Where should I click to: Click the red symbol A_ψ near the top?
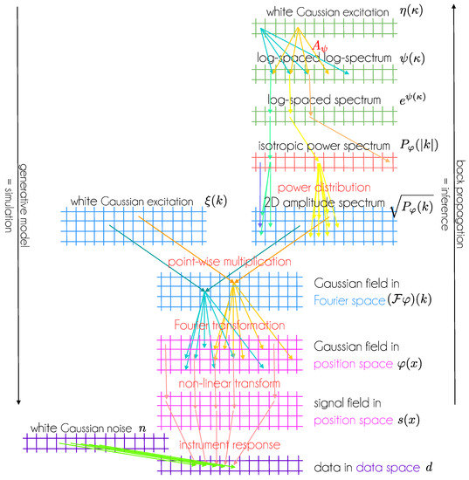click(x=321, y=45)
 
